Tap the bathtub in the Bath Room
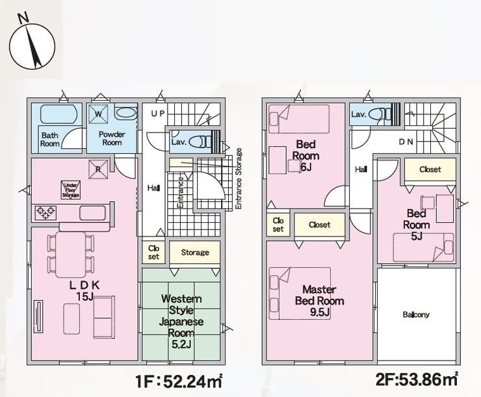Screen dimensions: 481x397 [x=58, y=114]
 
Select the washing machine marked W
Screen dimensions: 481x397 [x=98, y=114]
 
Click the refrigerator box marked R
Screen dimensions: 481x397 [x=98, y=169]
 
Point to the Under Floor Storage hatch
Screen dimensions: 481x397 [x=71, y=190]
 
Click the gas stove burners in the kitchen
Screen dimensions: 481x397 [x=45, y=212]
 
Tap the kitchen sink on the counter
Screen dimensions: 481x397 [x=93, y=212]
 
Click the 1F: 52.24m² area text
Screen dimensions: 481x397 [x=179, y=381]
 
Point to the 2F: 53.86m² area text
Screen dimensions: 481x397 [x=417, y=379]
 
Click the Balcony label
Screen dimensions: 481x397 [x=416, y=314]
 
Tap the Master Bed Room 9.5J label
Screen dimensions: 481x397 [x=319, y=301]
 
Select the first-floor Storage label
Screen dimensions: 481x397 [x=195, y=252]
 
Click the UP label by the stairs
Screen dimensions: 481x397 [x=159, y=114]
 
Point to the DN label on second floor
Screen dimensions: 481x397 [x=406, y=142]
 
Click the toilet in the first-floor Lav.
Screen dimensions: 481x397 [x=200, y=142]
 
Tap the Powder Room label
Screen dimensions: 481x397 [x=112, y=138]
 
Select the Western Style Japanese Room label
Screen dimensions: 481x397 [x=181, y=322]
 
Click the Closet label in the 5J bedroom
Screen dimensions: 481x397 [x=430, y=169]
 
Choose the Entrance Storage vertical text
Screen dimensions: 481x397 [x=239, y=179]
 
